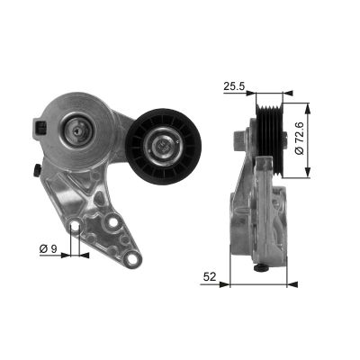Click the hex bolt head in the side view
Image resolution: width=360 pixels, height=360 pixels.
click(239, 140)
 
